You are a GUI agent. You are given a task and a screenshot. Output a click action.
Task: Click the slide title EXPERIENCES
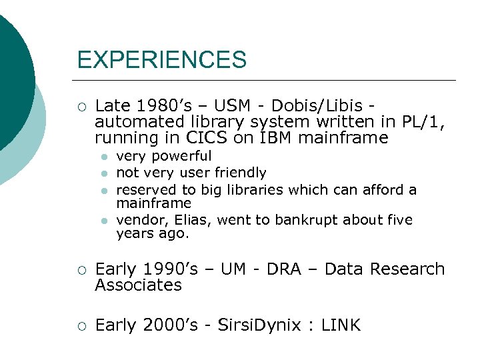[161, 61]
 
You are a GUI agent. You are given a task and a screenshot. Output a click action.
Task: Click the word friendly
[238, 173]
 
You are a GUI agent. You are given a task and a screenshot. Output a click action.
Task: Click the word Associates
[138, 285]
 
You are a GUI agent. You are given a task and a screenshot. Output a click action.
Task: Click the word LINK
[341, 325]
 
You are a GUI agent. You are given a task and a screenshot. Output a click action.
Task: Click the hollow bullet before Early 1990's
[81, 269]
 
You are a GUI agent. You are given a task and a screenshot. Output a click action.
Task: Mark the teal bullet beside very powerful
[103, 157]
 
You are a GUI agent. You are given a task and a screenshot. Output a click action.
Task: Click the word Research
[407, 269]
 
